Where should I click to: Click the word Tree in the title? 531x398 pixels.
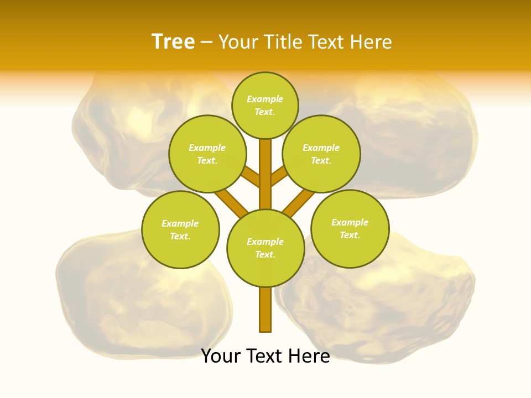point(173,42)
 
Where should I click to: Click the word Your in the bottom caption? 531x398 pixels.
point(221,356)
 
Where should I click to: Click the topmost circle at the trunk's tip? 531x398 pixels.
point(265,105)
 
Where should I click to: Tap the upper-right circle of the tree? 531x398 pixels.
point(321,154)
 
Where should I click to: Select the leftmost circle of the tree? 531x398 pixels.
point(180,229)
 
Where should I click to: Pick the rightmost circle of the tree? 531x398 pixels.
point(350,228)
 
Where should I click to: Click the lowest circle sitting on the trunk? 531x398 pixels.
point(265,248)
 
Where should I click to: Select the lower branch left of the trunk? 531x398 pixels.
point(231,202)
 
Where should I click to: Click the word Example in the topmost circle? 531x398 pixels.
point(265,99)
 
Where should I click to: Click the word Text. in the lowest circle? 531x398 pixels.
point(265,254)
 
